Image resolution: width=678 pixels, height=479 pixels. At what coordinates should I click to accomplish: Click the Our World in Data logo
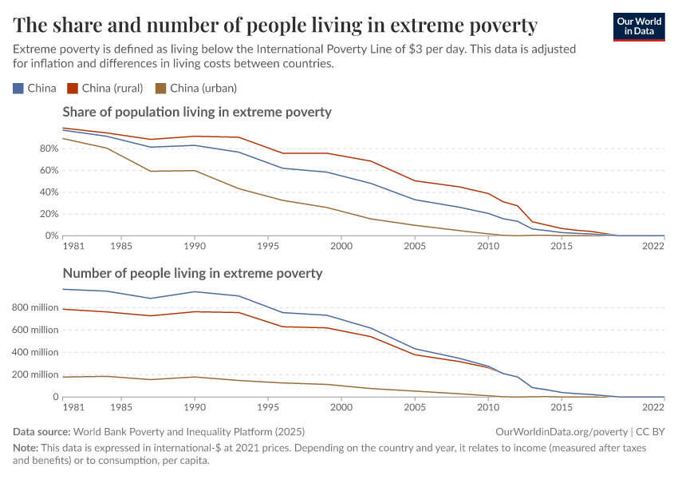[638, 26]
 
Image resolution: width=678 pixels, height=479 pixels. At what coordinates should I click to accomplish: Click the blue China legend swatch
[18, 88]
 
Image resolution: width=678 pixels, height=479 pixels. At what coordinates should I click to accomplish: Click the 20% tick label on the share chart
[49, 214]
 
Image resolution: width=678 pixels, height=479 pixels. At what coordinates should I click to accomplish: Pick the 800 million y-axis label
[34, 307]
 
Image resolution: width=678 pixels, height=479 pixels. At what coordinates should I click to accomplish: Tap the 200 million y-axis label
[34, 374]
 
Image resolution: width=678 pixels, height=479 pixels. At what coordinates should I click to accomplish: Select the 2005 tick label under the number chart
[415, 407]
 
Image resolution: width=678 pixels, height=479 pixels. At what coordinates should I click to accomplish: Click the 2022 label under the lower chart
[653, 407]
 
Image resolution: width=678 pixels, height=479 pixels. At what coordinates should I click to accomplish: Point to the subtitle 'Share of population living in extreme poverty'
[196, 112]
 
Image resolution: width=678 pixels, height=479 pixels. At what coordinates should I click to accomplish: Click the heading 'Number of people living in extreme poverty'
[192, 273]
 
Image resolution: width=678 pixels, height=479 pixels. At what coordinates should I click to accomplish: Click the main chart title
[275, 25]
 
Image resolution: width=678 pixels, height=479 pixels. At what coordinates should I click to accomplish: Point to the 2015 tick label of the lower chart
[562, 407]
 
